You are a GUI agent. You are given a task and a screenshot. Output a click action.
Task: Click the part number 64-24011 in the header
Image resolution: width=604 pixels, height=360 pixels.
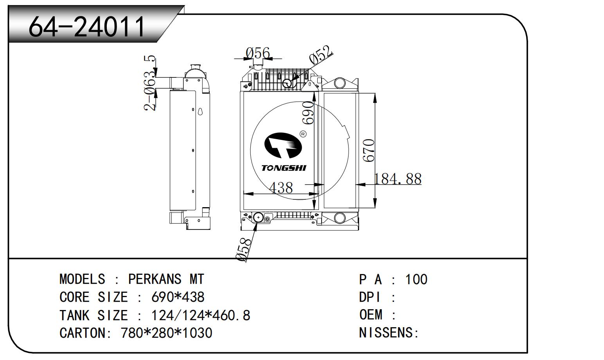tap(87, 27)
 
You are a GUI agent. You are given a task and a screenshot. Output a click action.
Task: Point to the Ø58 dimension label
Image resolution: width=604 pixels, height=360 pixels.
tap(243, 249)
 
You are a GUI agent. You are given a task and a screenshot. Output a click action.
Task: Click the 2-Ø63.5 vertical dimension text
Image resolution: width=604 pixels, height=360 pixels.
tap(150, 83)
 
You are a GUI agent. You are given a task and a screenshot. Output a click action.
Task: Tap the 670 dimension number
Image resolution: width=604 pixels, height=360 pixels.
tap(369, 150)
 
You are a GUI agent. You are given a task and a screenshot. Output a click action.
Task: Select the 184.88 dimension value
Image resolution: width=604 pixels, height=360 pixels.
tap(397, 179)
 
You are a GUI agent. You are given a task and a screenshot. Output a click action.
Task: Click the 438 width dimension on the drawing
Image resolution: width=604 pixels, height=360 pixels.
tap(281, 188)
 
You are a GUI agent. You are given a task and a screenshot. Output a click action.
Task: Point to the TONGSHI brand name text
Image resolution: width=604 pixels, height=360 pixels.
tap(284, 168)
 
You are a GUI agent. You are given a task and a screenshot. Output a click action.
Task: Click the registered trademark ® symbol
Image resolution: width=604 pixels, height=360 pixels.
tap(303, 134)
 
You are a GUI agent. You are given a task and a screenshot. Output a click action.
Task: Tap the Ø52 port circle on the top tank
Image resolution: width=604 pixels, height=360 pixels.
tap(288, 83)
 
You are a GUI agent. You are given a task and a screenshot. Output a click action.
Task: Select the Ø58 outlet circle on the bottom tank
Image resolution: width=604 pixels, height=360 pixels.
tap(259, 217)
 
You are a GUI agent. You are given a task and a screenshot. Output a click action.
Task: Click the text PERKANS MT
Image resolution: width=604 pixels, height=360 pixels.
tap(166, 279)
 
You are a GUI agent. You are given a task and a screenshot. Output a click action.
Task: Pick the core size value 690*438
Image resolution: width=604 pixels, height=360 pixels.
tap(178, 297)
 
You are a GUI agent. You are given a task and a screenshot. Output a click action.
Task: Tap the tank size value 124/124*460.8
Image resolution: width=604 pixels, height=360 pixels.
tap(201, 315)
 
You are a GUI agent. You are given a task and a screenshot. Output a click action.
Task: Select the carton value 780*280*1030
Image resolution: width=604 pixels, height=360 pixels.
tap(167, 333)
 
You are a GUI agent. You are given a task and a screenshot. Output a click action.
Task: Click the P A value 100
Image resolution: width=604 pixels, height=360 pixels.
tap(416, 279)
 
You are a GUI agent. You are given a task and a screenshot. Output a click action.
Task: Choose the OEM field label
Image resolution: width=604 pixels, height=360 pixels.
tap(371, 315)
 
